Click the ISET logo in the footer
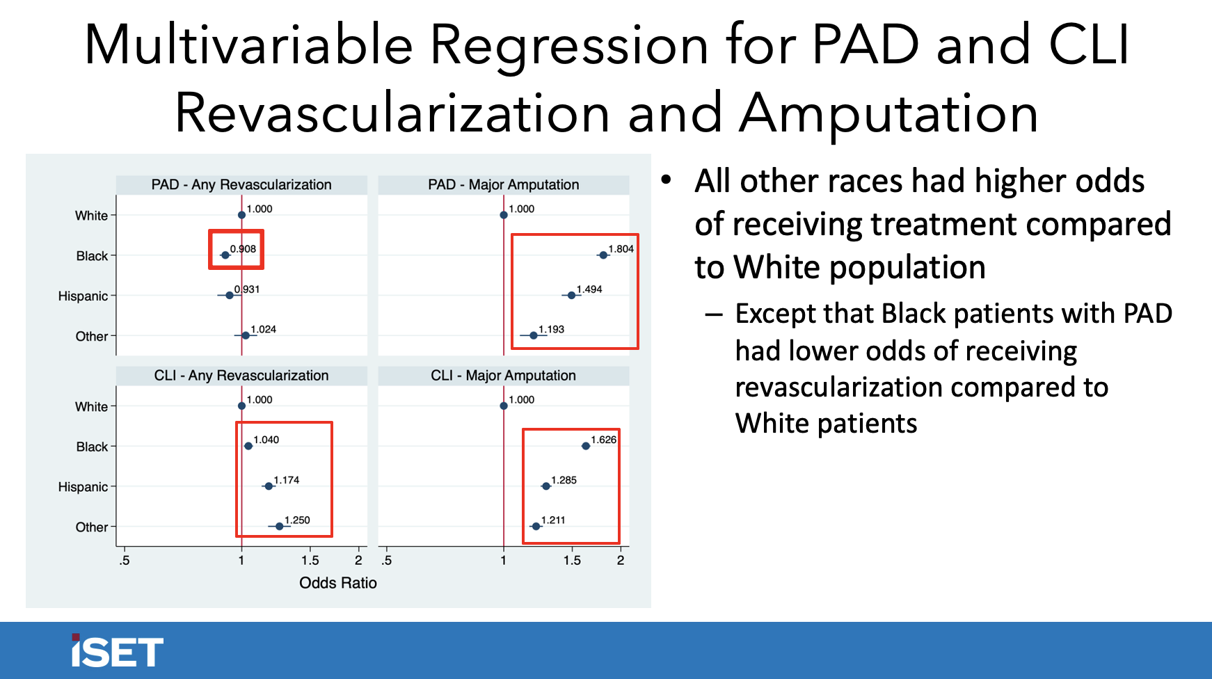pyautogui.click(x=117, y=652)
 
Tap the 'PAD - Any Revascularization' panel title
pyautogui.click(x=241, y=184)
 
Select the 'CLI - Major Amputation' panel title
pyautogui.click(x=503, y=376)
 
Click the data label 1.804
pyautogui.click(x=621, y=249)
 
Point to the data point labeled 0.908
pyautogui.click(x=225, y=255)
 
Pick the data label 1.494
pyautogui.click(x=589, y=289)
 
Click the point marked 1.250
pyautogui.click(x=279, y=527)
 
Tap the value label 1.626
pyautogui.click(x=603, y=440)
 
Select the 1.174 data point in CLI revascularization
pyautogui.click(x=269, y=486)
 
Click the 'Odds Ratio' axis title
pyautogui.click(x=337, y=583)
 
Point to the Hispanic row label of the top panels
pyautogui.click(x=83, y=296)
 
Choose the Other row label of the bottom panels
pyautogui.click(x=92, y=527)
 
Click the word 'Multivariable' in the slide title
pyautogui.click(x=248, y=45)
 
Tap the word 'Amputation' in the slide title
pyautogui.click(x=888, y=113)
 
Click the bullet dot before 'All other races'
pyautogui.click(x=667, y=180)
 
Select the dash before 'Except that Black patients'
pyautogui.click(x=713, y=315)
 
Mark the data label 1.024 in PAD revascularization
pyautogui.click(x=263, y=330)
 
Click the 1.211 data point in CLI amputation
pyautogui.click(x=535, y=527)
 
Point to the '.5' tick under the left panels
pyautogui.click(x=124, y=561)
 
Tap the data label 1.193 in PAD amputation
pyautogui.click(x=551, y=330)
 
